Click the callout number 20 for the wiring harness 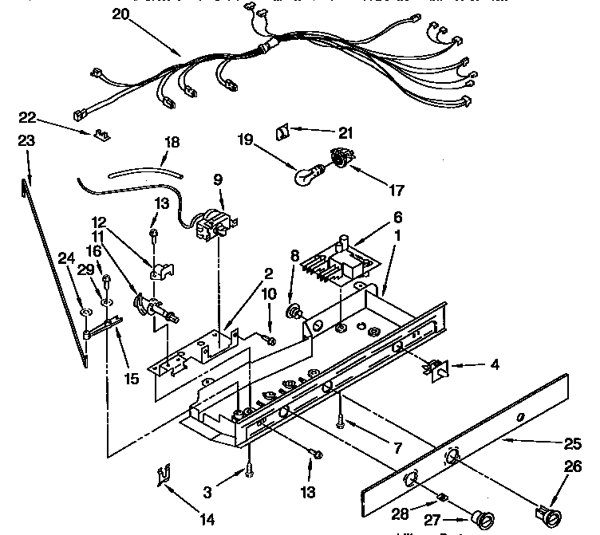click(120, 14)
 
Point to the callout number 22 click(28, 117)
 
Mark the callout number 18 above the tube click(170, 143)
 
